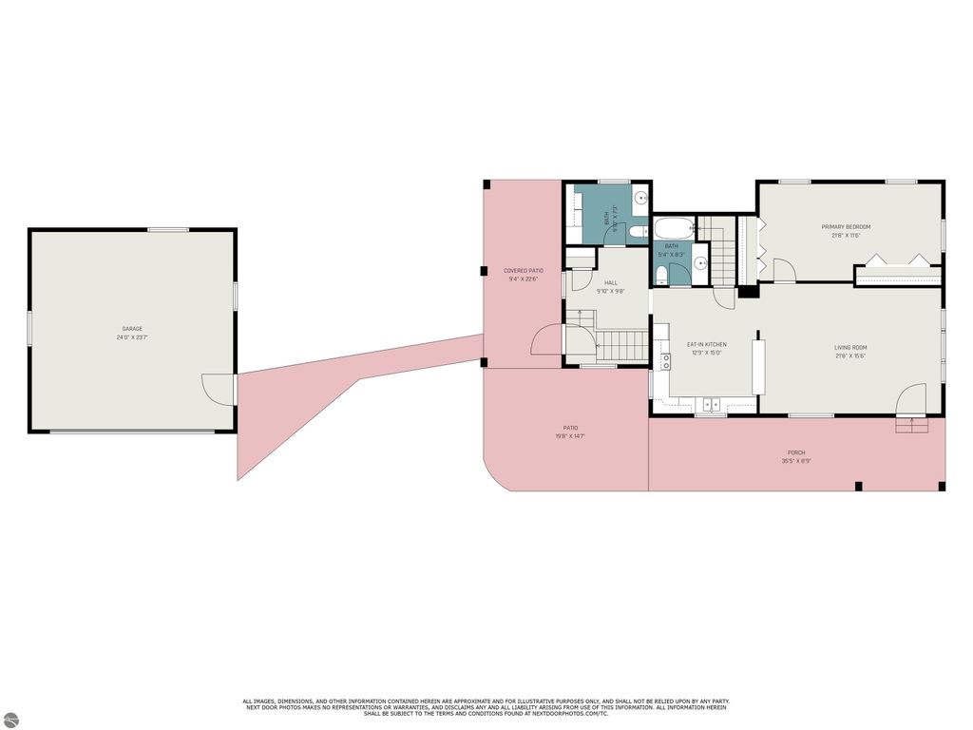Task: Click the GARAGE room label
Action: coord(132,328)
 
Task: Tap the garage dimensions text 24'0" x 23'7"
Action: coord(132,336)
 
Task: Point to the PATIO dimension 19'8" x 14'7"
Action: coord(570,436)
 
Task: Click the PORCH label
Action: coord(795,452)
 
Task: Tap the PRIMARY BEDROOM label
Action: coord(846,226)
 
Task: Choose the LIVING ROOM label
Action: coord(850,347)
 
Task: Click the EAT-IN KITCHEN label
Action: coord(706,344)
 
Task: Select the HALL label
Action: coord(610,282)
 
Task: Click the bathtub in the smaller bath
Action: coord(674,228)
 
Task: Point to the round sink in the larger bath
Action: coord(641,199)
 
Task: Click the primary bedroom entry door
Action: coord(783,271)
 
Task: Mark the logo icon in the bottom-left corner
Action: coord(12,717)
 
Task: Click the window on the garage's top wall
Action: coord(167,229)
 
